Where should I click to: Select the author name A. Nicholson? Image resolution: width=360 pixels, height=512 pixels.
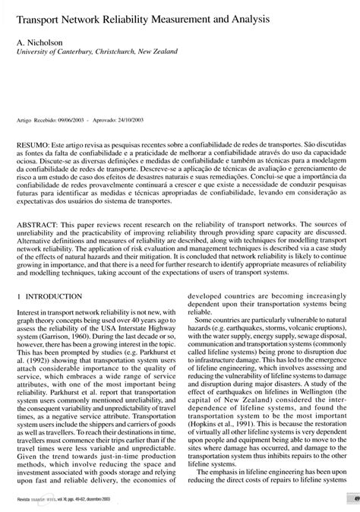(x=38, y=45)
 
